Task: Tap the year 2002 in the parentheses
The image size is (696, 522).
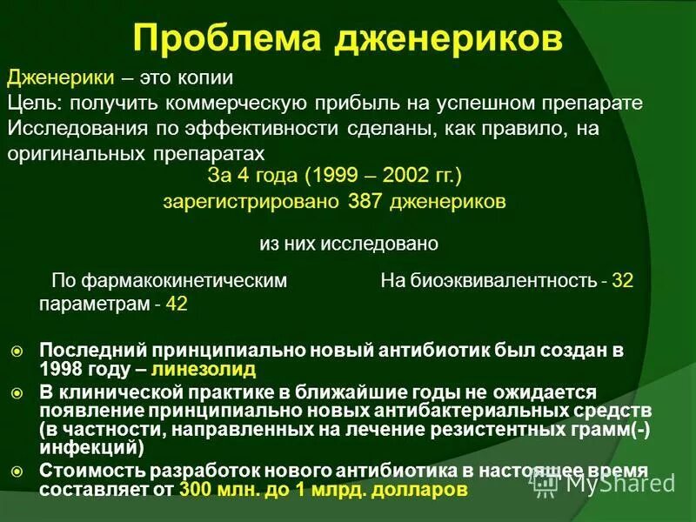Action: tap(402, 176)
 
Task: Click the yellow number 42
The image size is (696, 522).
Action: tap(177, 304)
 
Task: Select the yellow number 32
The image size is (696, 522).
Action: tap(623, 281)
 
